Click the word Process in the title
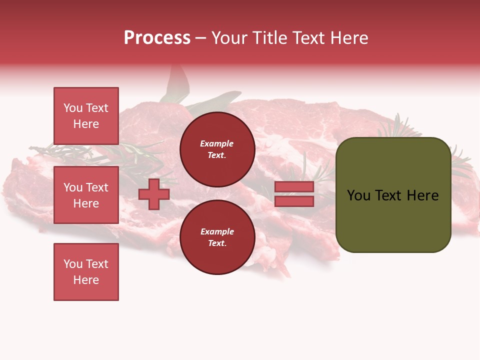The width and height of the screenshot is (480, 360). [157, 38]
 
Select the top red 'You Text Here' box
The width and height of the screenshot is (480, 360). [86, 116]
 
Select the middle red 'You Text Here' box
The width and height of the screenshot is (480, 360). [86, 195]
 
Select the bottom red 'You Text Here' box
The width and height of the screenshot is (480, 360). [86, 272]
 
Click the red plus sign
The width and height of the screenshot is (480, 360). [154, 194]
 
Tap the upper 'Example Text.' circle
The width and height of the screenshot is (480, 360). [217, 149]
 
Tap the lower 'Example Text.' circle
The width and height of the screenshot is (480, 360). [217, 237]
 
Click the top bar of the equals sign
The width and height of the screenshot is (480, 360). [294, 187]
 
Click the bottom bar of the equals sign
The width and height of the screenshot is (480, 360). [294, 201]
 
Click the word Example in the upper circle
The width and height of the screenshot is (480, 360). [217, 143]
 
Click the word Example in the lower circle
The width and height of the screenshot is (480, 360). [217, 231]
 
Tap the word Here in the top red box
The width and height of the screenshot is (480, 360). [86, 124]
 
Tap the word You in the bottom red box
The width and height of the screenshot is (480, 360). [73, 264]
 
